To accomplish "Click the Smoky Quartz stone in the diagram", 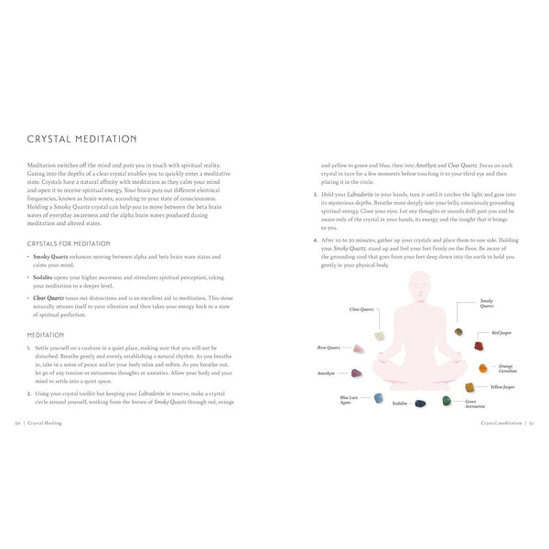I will coord(458,332).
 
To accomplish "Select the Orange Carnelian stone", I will coord(482,368).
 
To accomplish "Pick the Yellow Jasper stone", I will coord(469,388).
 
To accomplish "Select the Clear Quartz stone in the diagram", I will coord(380,336).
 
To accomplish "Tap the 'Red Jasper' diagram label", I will coord(502,333).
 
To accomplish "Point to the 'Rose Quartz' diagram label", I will coord(328,348).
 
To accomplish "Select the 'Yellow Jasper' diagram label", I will coord(502,387).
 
